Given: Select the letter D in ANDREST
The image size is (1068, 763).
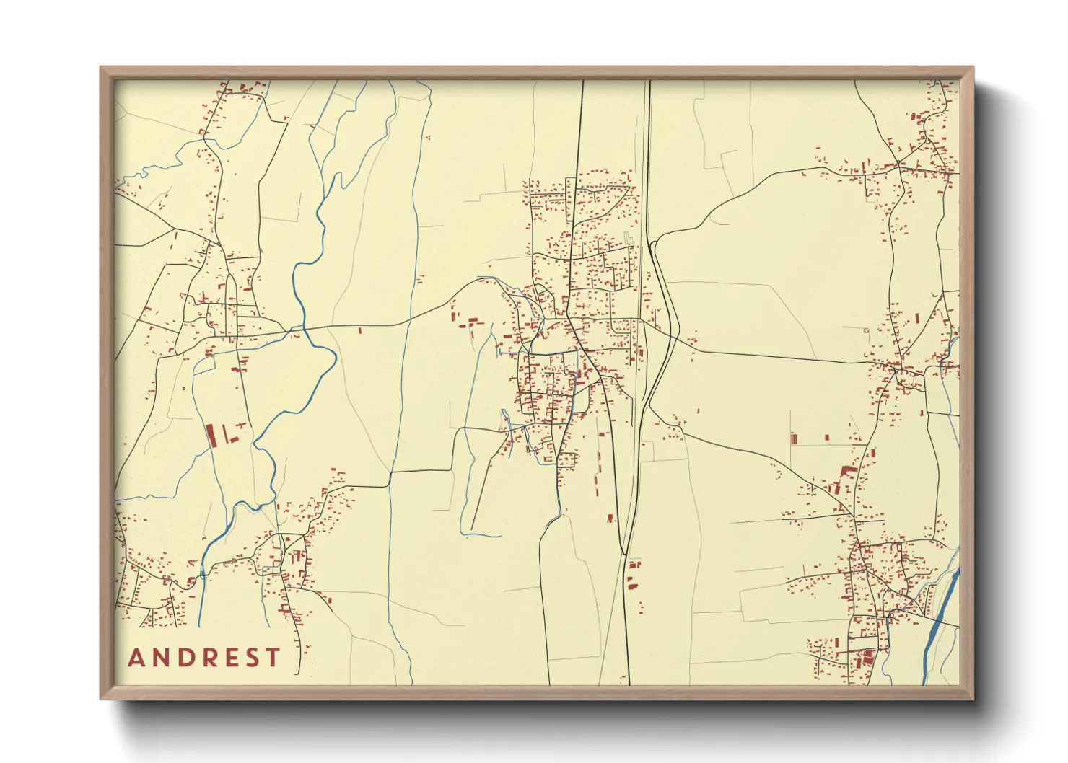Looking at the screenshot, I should pyautogui.click(x=183, y=658).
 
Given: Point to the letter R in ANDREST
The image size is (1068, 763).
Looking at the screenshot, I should pyautogui.click(x=206, y=658).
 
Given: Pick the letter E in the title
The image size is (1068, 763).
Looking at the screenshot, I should pyautogui.click(x=228, y=658).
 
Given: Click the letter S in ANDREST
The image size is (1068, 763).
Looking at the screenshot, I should pyautogui.click(x=250, y=658).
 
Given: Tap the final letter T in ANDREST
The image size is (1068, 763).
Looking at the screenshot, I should pyautogui.click(x=272, y=658).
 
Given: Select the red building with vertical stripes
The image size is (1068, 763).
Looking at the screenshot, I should pyautogui.click(x=794, y=438).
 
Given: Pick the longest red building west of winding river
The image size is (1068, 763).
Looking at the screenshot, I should pyautogui.click(x=211, y=435).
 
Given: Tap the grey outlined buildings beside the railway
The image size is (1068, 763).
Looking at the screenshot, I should pyautogui.click(x=628, y=237).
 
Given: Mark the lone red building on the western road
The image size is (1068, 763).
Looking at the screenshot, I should pyautogui.click(x=359, y=330).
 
